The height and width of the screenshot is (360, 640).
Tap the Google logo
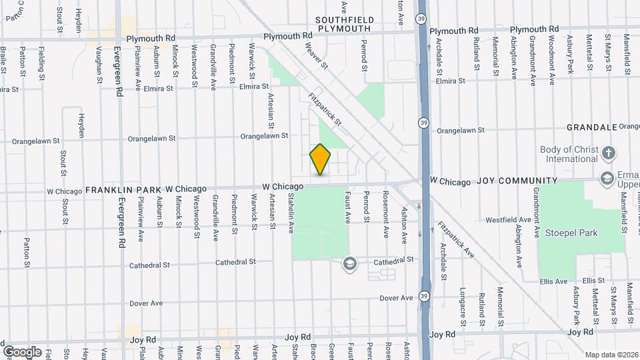click(22, 351)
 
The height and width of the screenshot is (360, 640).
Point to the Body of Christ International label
click(569, 155)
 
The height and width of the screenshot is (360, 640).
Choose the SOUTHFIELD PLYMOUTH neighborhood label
click(343, 25)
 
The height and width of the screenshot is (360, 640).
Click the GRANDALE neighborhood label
click(591, 127)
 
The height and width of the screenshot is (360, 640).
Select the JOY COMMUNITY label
click(517, 181)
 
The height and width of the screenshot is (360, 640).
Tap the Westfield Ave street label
click(508, 219)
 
